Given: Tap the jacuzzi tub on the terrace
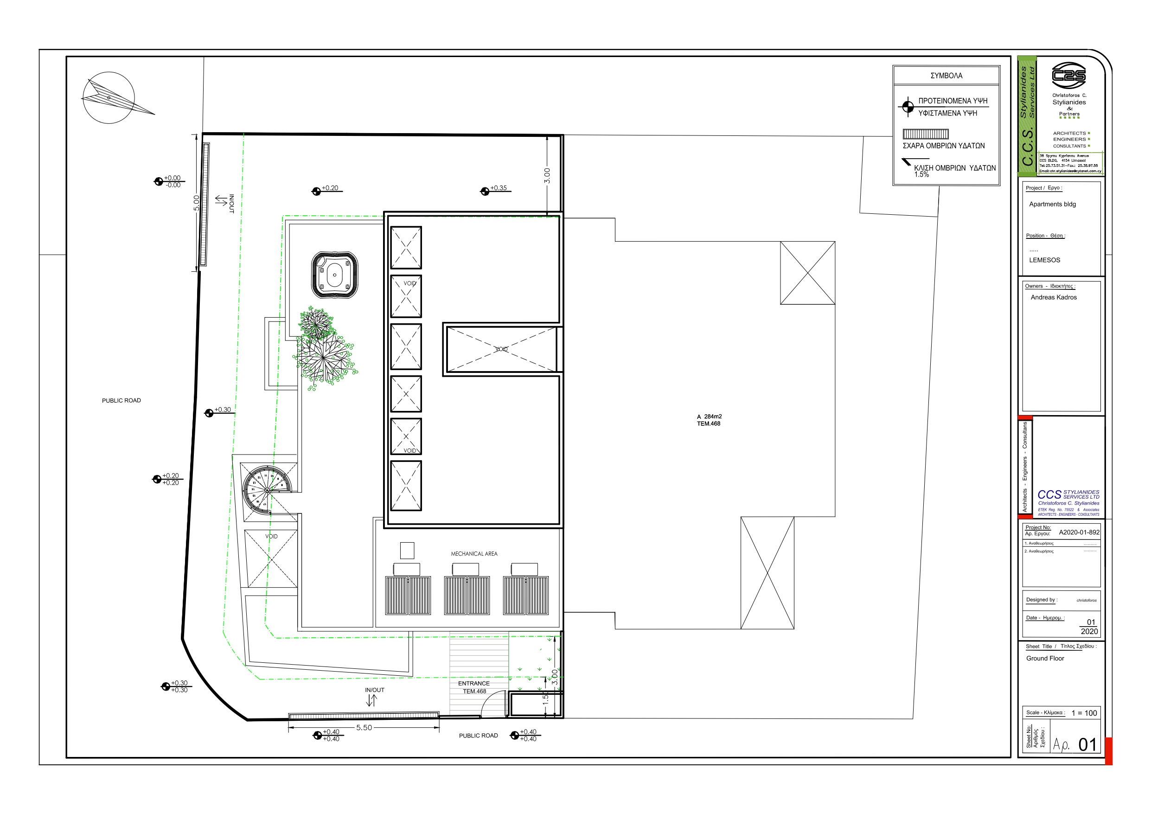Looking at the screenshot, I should (334, 275).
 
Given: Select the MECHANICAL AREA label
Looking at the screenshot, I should (474, 554).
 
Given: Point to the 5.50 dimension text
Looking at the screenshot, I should (364, 728).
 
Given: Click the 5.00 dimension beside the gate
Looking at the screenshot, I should (197, 203).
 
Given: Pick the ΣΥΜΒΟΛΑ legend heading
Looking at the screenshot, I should (946, 76).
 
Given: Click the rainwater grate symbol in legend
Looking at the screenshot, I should (926, 134).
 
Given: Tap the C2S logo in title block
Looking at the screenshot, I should (1068, 76).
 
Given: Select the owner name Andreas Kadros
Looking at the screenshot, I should (1053, 297).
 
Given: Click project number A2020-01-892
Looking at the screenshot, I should (1079, 532).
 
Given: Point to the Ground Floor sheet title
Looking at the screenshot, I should (1045, 658).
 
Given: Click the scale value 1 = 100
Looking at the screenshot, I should (1084, 713).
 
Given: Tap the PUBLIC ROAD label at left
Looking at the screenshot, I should (121, 400).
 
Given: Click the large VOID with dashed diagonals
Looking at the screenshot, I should (501, 349).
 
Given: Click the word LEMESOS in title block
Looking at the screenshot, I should (1044, 260).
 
